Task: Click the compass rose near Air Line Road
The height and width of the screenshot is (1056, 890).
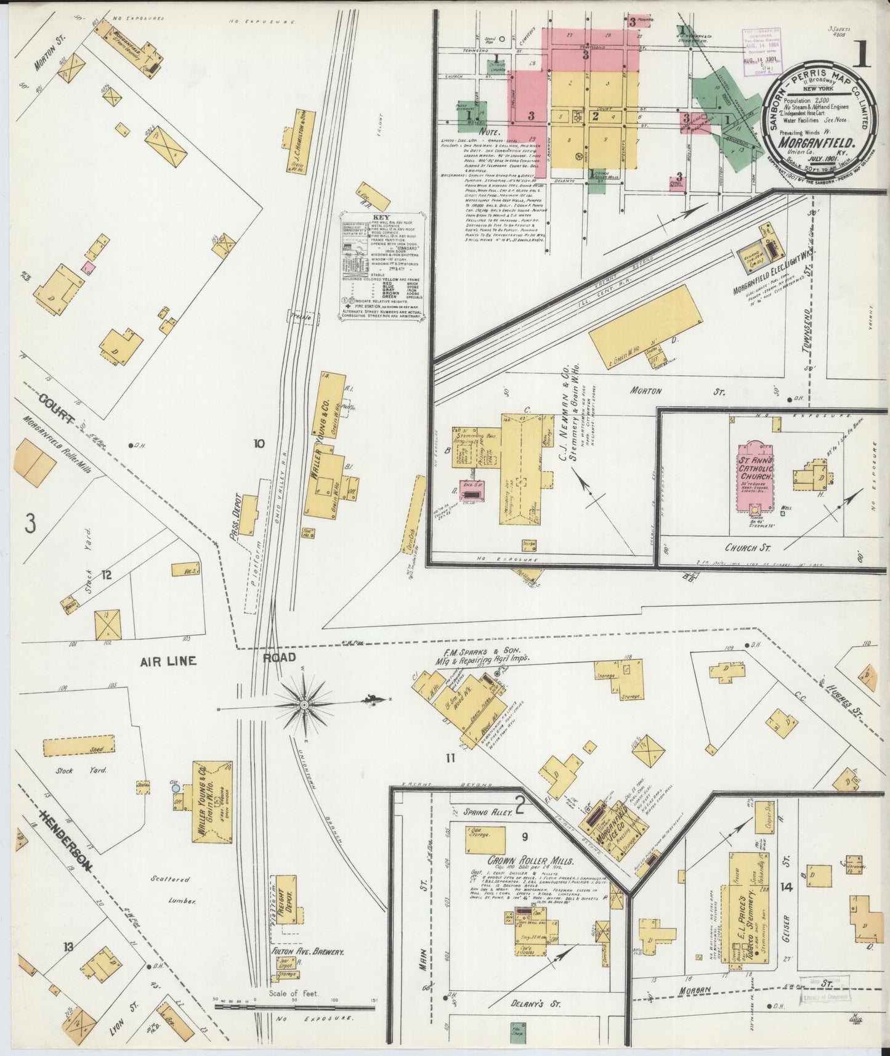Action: pyautogui.click(x=304, y=703)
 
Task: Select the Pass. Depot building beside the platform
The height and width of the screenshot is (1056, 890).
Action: pyautogui.click(x=248, y=514)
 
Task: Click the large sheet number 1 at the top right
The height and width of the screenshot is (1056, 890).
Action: pyautogui.click(x=863, y=57)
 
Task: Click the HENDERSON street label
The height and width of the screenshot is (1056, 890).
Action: pyautogui.click(x=66, y=839)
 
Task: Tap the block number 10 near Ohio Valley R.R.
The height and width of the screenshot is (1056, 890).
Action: pyautogui.click(x=259, y=443)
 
